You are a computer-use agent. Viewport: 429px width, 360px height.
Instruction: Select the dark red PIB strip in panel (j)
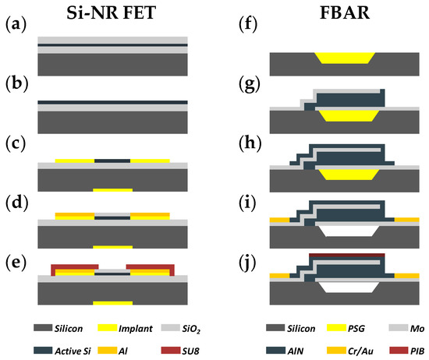click(347, 254)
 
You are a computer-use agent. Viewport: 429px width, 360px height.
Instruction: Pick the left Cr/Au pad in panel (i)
click(279, 221)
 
